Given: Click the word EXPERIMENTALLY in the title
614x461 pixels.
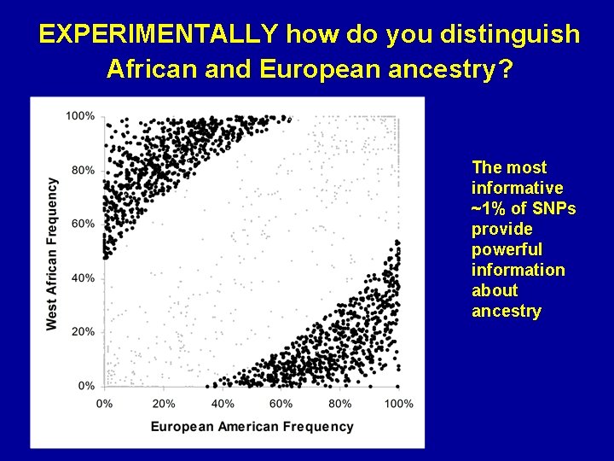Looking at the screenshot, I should click(x=158, y=35).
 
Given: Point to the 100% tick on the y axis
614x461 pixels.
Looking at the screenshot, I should click(x=81, y=115).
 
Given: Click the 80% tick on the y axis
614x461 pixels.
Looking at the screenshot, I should click(x=84, y=170).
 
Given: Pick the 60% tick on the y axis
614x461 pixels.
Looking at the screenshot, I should click(x=84, y=224).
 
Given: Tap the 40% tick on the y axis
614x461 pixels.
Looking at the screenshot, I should click(x=84, y=277).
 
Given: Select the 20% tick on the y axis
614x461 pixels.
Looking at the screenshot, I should click(x=84, y=331).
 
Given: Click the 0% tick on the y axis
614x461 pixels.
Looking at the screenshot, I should click(x=86, y=386).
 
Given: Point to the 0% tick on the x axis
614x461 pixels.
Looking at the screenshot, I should click(x=105, y=403).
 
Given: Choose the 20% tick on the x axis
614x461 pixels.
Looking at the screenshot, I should click(x=164, y=403).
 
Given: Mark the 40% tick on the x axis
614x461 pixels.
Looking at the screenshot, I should click(x=223, y=403).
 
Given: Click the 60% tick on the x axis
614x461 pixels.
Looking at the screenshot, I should click(x=281, y=403).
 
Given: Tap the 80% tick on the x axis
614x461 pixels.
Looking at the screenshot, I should click(x=340, y=403).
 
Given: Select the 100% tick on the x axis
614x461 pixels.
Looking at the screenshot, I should click(x=399, y=403).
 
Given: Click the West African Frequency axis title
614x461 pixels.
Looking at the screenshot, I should click(x=52, y=254).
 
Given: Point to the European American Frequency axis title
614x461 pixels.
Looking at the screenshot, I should click(x=252, y=426).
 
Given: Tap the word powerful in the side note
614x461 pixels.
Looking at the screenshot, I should click(x=507, y=249).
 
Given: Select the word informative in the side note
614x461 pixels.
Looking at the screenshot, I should click(x=517, y=188).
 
